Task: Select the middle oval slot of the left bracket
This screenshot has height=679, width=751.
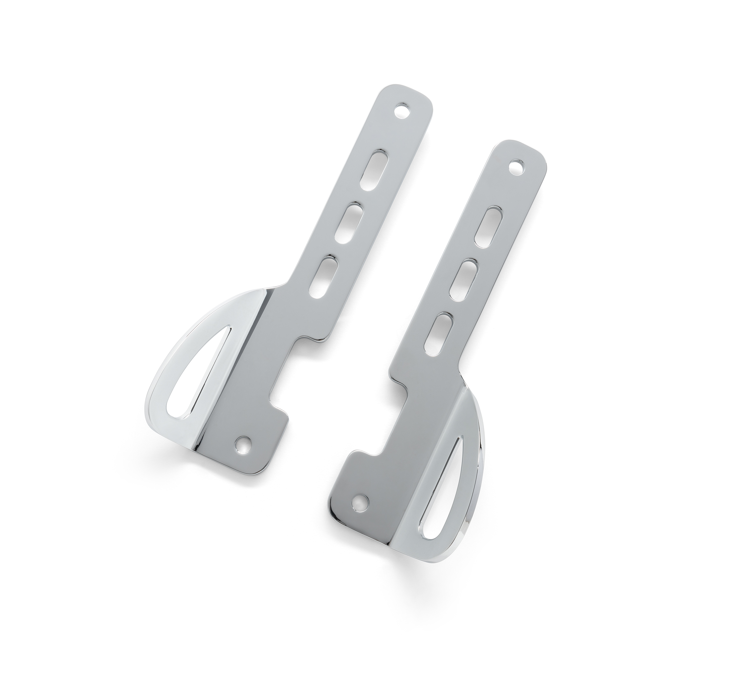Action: [x=351, y=222]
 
